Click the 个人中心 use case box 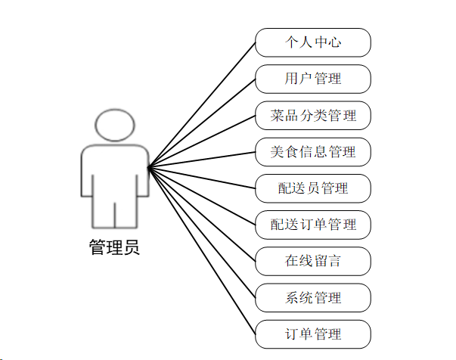pos(313,42)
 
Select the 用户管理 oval pos(313,79)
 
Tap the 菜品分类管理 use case pos(313,116)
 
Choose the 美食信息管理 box pos(313,152)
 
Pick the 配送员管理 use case pos(313,188)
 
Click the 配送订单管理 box pos(313,225)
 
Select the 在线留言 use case pos(313,261)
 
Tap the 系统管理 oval pos(313,297)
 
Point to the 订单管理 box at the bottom pos(313,334)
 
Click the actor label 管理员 pos(114,247)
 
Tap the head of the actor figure pos(114,125)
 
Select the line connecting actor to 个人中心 pos(201,104)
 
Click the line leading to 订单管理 pos(201,250)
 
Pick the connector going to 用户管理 pos(201,123)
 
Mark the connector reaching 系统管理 pos(201,232)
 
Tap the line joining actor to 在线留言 pos(201,214)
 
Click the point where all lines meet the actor pos(148,167)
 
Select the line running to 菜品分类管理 pos(201,141)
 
